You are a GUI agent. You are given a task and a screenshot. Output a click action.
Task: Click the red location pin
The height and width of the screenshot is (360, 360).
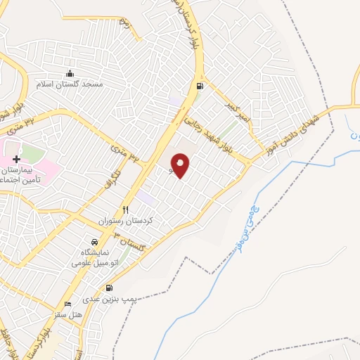point(181,166)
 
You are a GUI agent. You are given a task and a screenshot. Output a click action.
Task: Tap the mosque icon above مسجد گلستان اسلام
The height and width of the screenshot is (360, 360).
point(70,73)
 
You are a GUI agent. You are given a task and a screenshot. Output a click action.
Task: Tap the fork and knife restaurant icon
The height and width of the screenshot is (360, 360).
point(126,209)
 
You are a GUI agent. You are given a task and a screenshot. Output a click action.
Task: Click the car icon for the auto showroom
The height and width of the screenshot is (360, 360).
point(104,241)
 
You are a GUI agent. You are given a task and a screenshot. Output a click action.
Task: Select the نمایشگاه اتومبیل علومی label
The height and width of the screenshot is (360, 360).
point(98,257)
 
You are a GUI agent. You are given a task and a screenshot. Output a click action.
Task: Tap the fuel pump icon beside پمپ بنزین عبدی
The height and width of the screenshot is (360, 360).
point(109,288)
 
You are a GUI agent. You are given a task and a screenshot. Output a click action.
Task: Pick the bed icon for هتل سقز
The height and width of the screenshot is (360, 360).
point(67,304)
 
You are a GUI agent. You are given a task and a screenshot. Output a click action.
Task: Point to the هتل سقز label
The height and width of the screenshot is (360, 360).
point(68,316)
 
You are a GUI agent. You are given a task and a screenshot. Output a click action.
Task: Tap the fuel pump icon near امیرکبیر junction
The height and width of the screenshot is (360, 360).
point(200,87)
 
